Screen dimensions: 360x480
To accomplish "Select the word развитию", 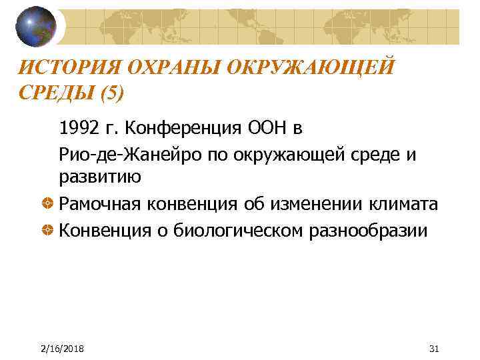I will click(99, 177).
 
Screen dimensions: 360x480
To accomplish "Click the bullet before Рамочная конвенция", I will click(49, 204).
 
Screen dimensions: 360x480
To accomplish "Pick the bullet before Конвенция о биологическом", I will click(49, 231).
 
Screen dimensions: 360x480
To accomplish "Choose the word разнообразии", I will click(361, 231).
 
